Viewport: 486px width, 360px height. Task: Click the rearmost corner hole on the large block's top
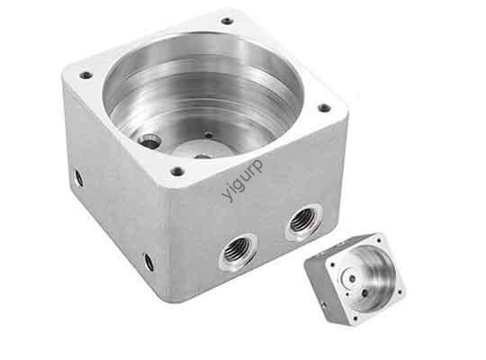227,21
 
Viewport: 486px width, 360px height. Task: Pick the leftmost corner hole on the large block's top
86,75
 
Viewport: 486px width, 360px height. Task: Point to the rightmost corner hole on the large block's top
324,108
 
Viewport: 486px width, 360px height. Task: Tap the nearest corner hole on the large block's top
178,171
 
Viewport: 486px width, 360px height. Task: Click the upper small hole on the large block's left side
78,177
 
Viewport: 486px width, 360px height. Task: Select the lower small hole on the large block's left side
148,262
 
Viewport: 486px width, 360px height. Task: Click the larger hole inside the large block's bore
149,140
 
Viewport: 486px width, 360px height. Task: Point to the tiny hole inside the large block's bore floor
208,136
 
